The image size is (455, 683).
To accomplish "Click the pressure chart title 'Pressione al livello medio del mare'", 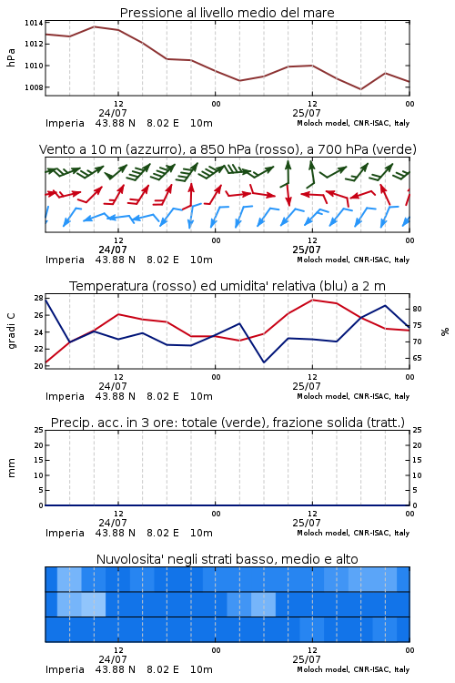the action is coord(227,13).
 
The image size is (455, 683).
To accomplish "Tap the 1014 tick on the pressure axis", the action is coord(34,23).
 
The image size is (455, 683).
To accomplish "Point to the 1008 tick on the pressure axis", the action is coord(34,87).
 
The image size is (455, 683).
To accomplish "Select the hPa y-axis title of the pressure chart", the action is coord(11,57).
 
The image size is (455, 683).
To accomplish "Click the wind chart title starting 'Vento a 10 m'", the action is coord(227,149).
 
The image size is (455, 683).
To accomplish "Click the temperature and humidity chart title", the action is coord(227,286).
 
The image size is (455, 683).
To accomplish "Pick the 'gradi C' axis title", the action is coord(11,331).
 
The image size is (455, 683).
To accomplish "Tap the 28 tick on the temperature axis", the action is coord(38,299).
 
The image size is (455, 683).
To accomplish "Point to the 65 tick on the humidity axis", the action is coord(417,358).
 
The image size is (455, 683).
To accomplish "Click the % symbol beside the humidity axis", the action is coord(445,331).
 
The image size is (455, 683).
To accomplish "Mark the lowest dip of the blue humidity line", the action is coord(264,362).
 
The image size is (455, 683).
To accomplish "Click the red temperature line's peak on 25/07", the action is coord(313,300).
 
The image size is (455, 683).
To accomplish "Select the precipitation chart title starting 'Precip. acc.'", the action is coord(227,423).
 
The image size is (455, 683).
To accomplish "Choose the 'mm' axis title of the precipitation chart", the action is coord(11,468).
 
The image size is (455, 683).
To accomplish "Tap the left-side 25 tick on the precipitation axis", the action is coord(38,430).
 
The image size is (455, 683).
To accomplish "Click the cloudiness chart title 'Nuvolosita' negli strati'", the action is coord(227,559).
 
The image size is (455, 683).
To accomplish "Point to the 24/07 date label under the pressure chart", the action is coord(113,113).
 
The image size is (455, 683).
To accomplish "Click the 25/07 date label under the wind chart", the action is coord(307,250).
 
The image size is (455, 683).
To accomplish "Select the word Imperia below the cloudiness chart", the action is coord(65,669).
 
